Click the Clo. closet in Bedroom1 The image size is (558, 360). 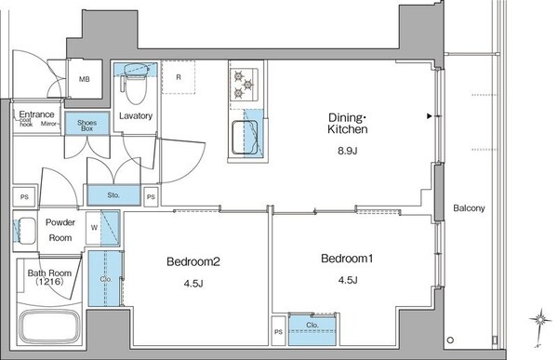pos(312,327)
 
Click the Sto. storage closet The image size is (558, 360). pos(113,195)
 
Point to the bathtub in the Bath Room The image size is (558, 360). pos(48,328)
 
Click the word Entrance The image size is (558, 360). pos(36,114)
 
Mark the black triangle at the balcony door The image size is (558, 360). pos(429,116)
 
